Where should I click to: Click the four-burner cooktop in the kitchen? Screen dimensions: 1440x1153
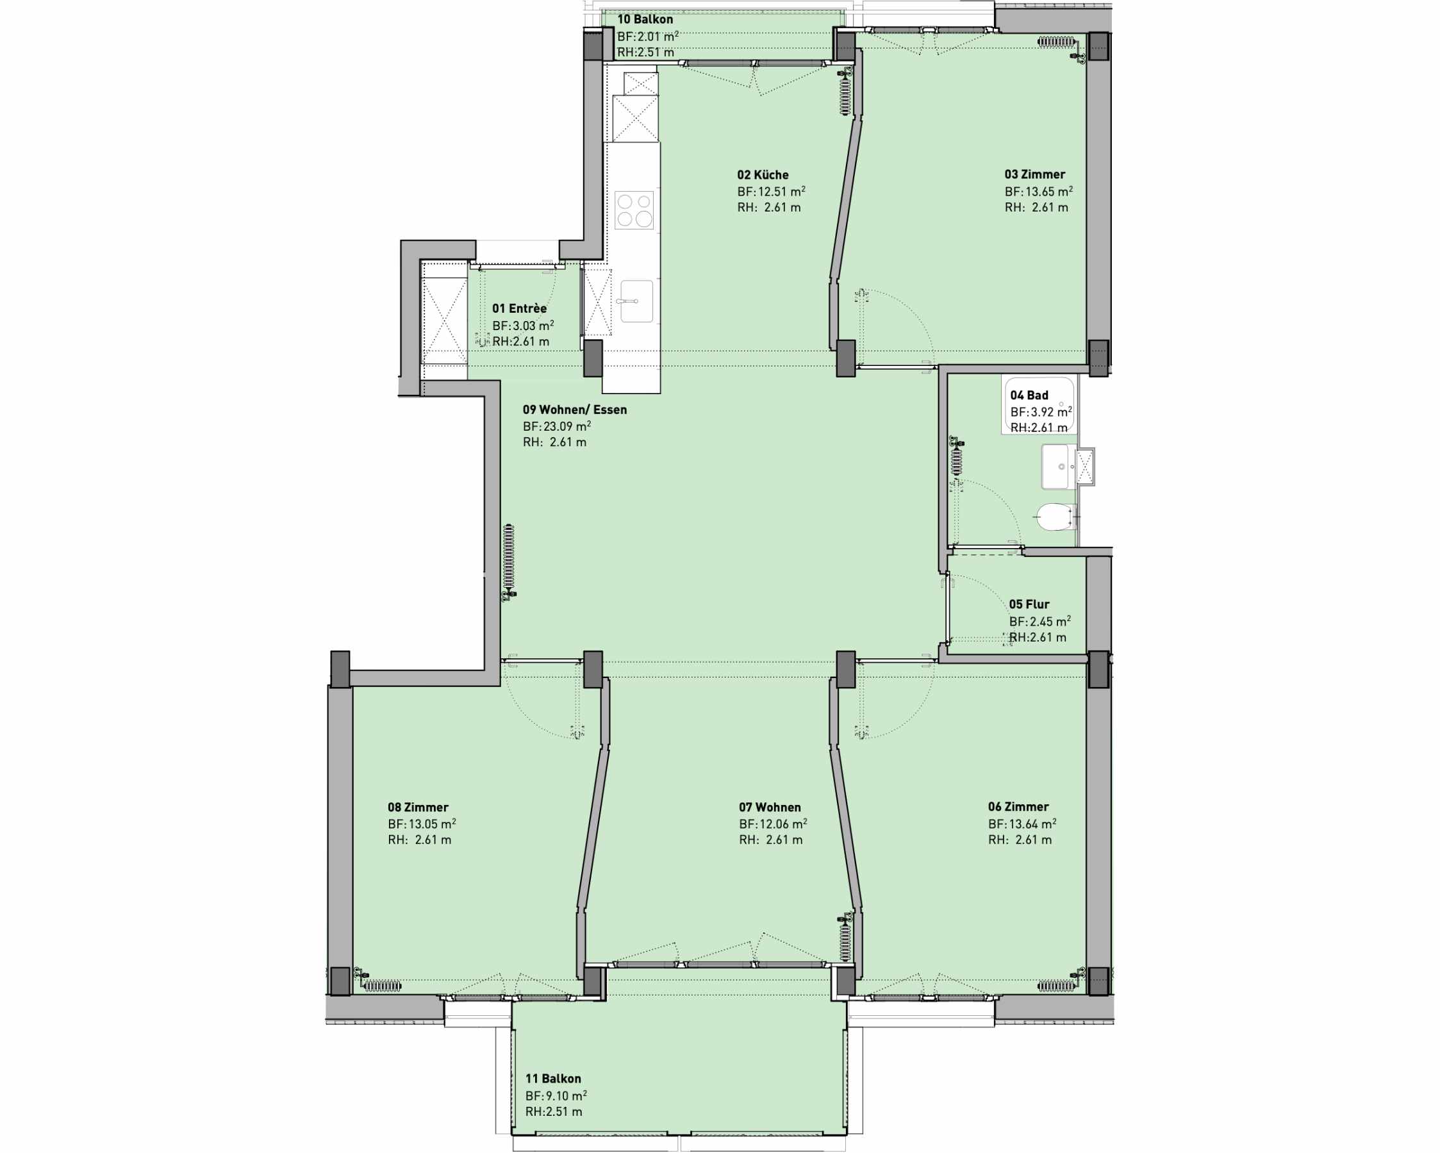tap(634, 210)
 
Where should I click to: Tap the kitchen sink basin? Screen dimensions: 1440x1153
tap(636, 301)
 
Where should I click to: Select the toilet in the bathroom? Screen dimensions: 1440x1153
tap(1056, 517)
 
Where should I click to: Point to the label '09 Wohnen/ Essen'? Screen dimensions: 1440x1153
tap(574, 410)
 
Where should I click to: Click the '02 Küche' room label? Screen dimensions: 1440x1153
tap(763, 175)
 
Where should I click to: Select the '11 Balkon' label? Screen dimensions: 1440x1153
tap(553, 1079)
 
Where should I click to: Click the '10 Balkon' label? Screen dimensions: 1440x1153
tap(645, 19)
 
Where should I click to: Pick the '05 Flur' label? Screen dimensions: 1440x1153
tap(1029, 604)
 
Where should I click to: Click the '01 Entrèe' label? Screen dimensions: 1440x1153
tap(520, 309)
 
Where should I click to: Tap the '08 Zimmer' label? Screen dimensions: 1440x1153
tap(418, 808)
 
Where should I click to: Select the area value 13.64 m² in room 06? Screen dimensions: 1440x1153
tap(1032, 824)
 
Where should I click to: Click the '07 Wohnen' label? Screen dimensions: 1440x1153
tap(770, 808)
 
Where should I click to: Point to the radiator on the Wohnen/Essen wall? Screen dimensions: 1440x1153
tap(509, 563)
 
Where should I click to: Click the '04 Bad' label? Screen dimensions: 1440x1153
tap(1029, 395)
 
